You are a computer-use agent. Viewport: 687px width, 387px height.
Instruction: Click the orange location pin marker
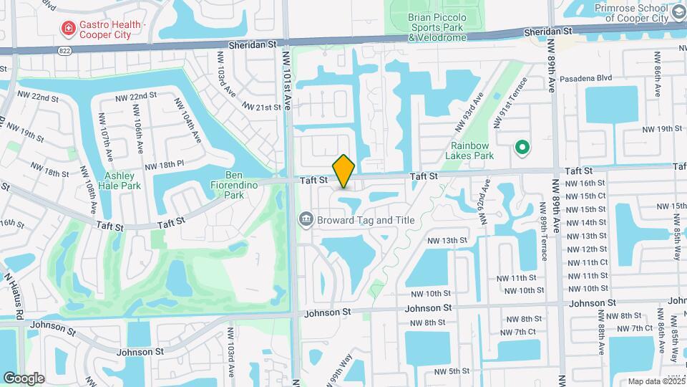point(344,171)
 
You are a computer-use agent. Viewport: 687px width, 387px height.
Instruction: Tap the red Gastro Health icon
point(69,29)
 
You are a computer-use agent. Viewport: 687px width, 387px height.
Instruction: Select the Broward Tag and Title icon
point(306,219)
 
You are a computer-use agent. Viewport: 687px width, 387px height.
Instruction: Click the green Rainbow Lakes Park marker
point(522,148)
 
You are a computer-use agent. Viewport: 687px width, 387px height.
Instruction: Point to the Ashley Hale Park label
point(123,181)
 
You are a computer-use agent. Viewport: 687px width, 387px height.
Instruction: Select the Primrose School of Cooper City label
point(640,14)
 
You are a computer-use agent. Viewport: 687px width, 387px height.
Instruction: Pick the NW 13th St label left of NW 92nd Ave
point(448,240)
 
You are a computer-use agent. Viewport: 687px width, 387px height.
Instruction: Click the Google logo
point(24,378)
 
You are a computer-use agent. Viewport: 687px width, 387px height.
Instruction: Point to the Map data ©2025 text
point(656,381)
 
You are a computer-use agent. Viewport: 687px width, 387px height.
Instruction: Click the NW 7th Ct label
point(519,332)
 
